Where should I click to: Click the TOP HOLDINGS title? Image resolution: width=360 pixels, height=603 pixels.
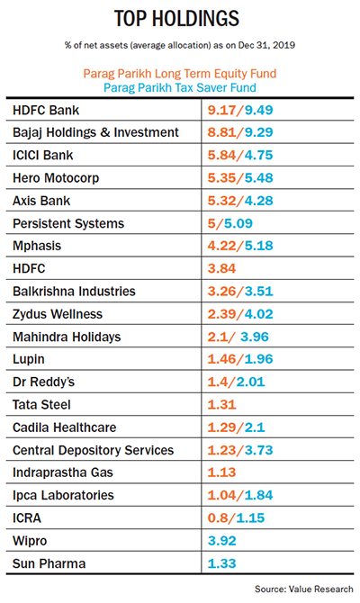(177, 19)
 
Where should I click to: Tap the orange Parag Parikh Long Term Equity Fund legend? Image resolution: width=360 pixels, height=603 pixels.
(180, 74)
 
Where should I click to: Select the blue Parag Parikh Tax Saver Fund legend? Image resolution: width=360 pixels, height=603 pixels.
(180, 87)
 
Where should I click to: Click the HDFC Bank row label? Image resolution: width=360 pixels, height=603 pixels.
(46, 111)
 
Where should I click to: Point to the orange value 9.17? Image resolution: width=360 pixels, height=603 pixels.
(221, 110)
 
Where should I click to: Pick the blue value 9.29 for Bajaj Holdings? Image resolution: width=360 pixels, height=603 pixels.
(259, 132)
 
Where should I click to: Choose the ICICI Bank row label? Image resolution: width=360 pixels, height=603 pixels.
(42, 155)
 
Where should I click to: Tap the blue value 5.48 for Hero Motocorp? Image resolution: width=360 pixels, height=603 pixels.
(259, 177)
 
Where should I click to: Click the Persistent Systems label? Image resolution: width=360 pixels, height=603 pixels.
(68, 223)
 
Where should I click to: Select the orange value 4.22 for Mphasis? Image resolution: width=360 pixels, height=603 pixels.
(221, 246)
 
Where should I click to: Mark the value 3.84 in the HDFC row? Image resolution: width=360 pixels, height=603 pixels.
(221, 268)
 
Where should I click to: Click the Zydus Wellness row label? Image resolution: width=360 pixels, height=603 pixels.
(58, 314)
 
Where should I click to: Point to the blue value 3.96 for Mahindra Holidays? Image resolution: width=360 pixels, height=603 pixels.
(255, 337)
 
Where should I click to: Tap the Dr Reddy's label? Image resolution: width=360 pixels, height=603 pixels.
(43, 382)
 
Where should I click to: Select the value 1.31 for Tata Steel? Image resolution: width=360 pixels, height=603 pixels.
(221, 405)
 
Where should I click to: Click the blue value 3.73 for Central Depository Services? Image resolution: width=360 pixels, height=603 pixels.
(259, 450)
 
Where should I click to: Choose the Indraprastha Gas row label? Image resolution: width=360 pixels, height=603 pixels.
(63, 472)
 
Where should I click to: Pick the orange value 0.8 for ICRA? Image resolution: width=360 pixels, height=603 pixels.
(218, 518)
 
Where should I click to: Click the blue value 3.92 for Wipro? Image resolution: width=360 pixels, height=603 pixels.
(222, 541)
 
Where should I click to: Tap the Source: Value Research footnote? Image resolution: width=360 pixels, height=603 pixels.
(304, 589)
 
